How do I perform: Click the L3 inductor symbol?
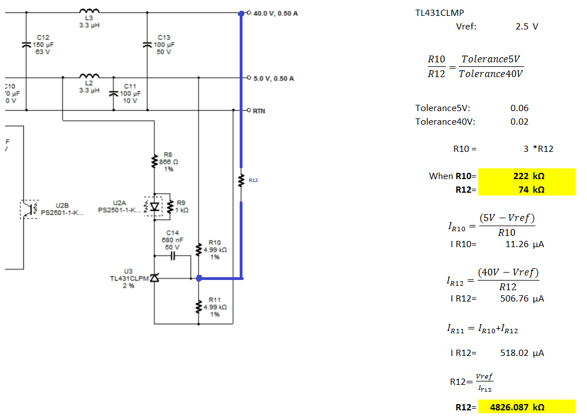tap(90, 10)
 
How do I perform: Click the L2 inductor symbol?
tap(90, 76)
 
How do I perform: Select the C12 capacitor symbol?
tap(26, 45)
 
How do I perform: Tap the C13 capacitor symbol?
tap(147, 45)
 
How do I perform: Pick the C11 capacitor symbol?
tap(113, 93)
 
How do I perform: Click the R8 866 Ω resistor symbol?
tap(154, 162)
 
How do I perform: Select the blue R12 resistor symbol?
tap(241, 180)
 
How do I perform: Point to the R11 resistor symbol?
tap(199, 307)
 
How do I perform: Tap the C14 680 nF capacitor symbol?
tap(173, 256)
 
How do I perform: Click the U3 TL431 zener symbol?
tap(154, 278)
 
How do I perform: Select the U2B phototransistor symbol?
tap(29, 209)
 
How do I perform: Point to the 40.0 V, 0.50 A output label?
tap(275, 14)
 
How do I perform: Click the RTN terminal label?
tap(259, 111)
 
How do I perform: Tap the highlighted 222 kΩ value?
tap(529, 176)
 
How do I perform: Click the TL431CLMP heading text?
tap(440, 12)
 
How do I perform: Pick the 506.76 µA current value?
tap(522, 299)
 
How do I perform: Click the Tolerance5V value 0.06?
tap(519, 108)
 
